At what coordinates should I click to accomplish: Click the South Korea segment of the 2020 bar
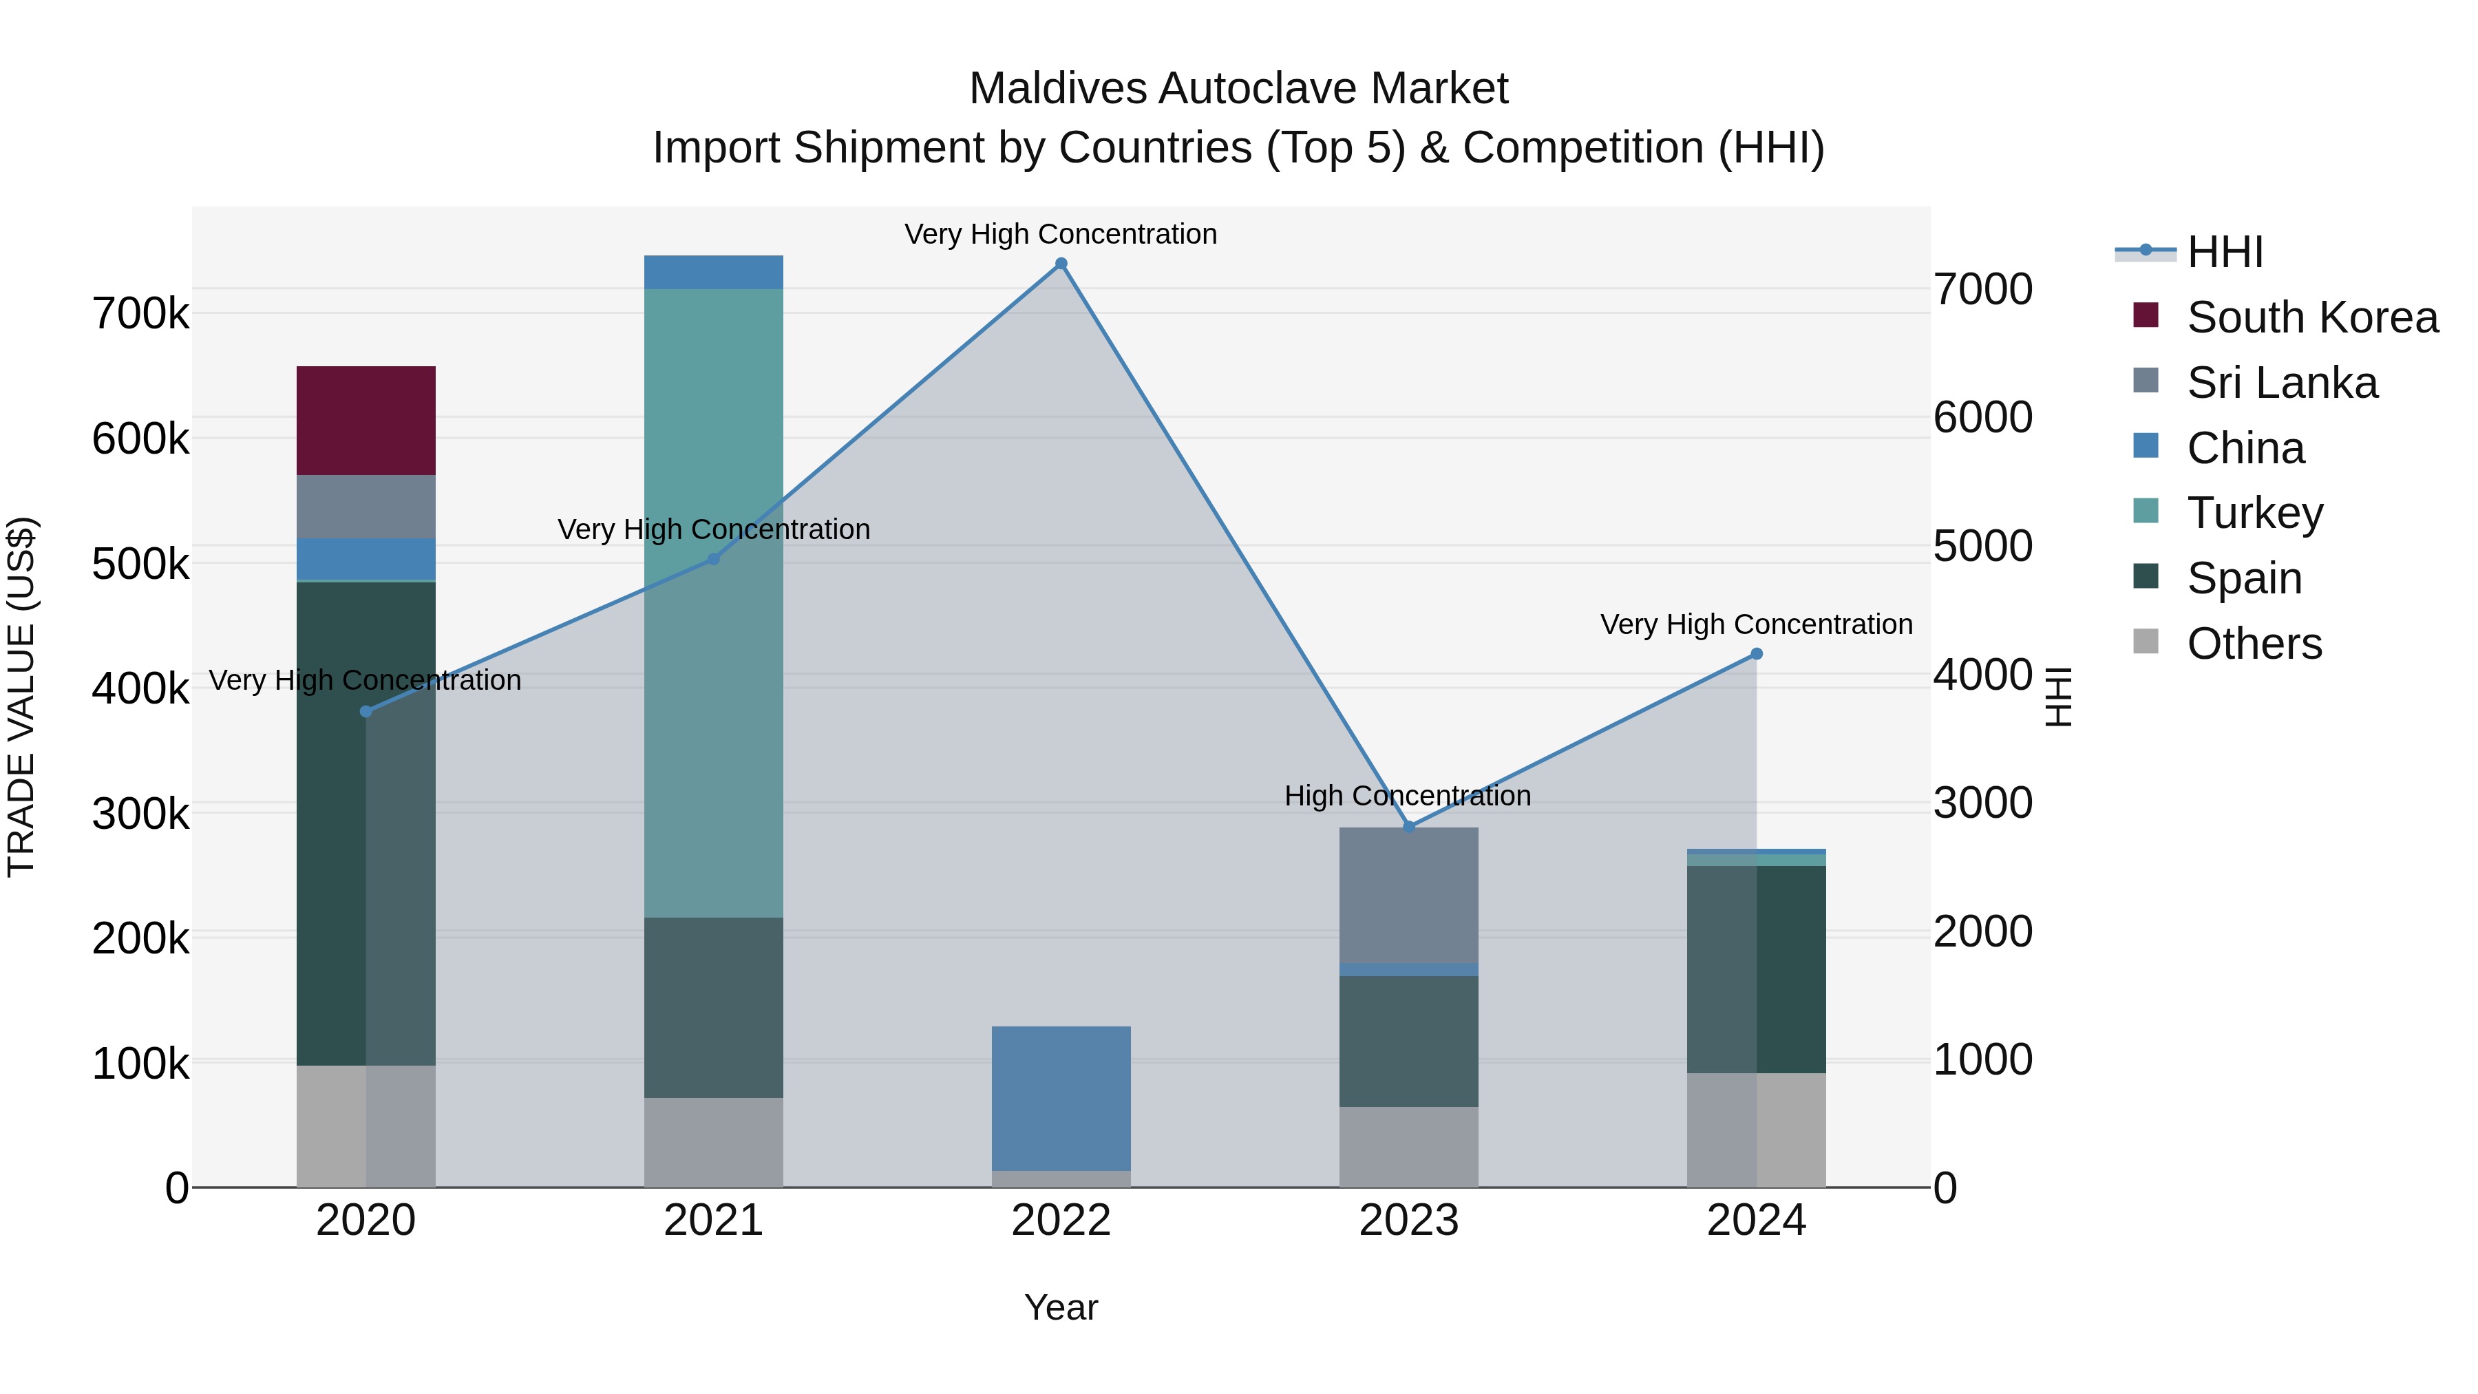click(366, 421)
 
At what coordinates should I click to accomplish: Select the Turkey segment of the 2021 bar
click(713, 602)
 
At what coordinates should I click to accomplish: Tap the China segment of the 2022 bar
click(1061, 1098)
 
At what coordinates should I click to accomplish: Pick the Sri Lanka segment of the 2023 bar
click(1408, 895)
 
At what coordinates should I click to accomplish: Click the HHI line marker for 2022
click(1061, 264)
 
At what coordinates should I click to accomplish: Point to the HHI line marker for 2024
click(1757, 654)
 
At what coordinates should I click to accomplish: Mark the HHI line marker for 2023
click(1409, 826)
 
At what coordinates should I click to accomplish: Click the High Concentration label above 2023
click(1408, 796)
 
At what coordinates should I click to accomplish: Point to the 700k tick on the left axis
click(140, 314)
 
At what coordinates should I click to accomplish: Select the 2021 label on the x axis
click(713, 1221)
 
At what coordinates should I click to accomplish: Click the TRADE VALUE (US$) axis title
click(21, 697)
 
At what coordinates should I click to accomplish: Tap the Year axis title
click(1061, 1307)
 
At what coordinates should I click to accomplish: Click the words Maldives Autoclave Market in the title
click(1238, 89)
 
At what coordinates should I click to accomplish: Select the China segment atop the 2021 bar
click(713, 272)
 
